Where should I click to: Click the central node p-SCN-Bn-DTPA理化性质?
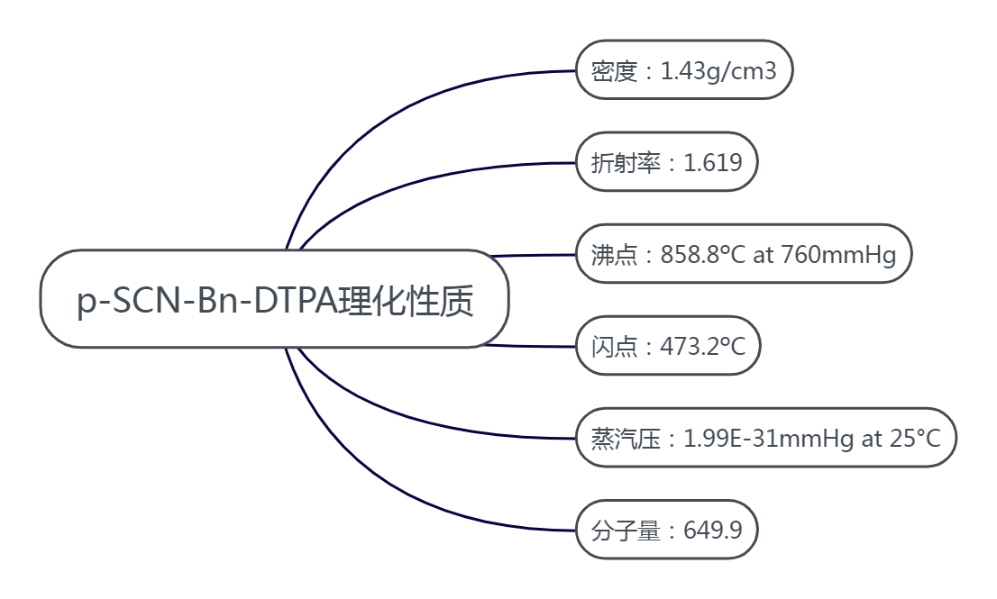coord(275,299)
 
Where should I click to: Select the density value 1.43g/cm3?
coord(718,70)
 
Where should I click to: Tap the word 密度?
coord(614,70)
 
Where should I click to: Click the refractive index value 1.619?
coord(713,162)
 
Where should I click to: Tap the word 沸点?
coord(614,255)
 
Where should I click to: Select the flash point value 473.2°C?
coord(703,346)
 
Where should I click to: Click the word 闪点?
coord(614,346)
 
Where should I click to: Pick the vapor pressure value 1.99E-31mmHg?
coord(769,439)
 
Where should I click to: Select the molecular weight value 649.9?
coord(713,530)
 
